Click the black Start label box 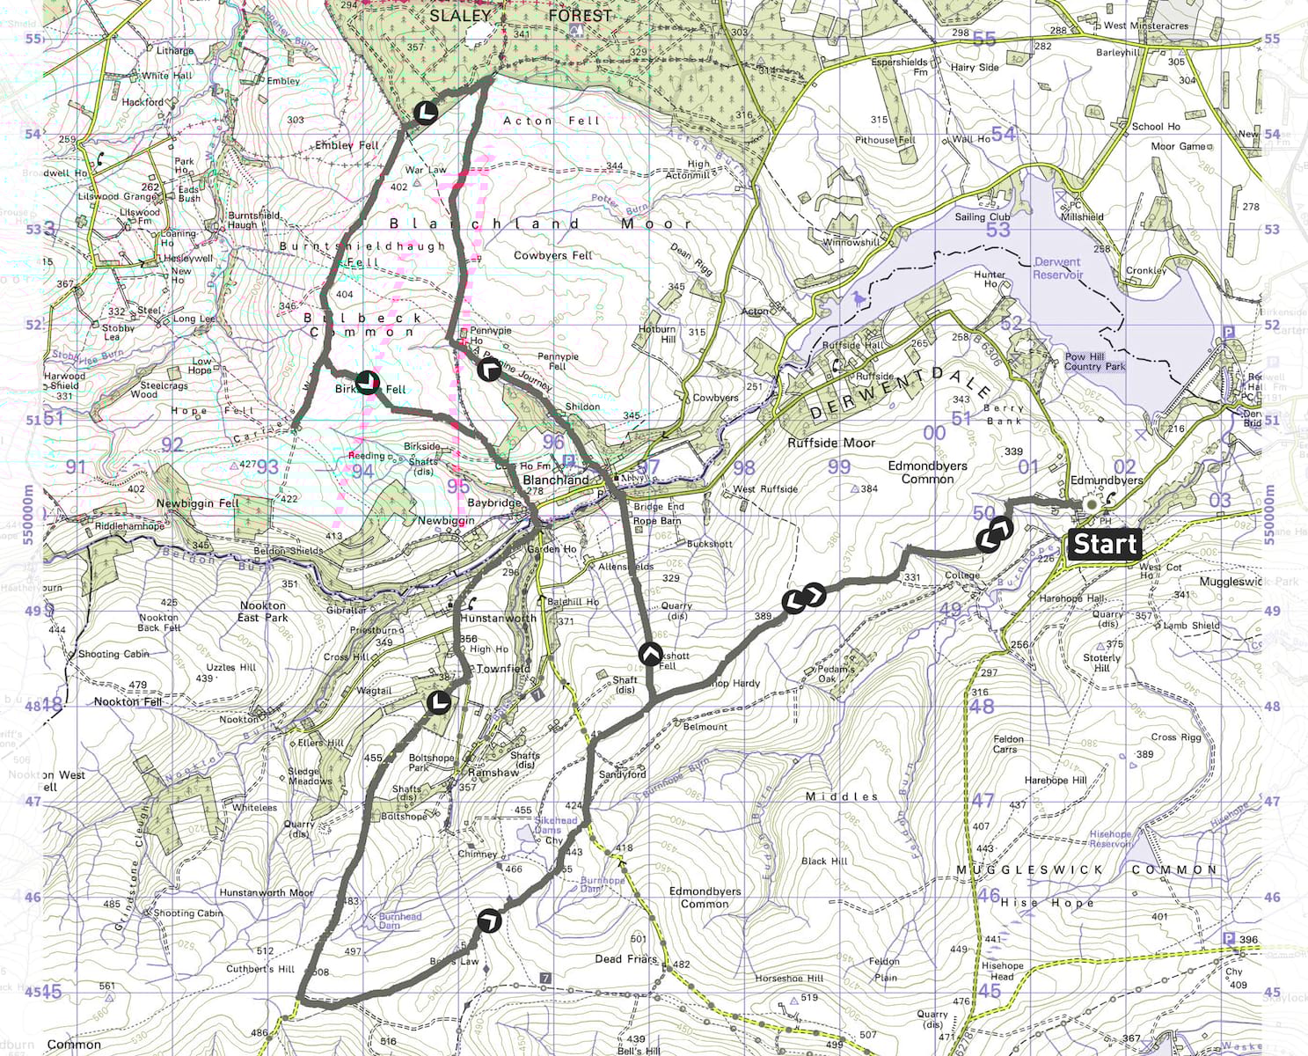tap(1105, 544)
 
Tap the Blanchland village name tap(556, 480)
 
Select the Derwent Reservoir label tap(1057, 268)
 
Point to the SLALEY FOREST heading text tap(520, 16)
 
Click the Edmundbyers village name tap(1107, 480)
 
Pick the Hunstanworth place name tap(498, 619)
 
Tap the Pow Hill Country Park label tap(1094, 362)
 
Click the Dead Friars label tap(625, 959)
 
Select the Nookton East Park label tap(262, 612)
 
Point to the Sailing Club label tap(983, 217)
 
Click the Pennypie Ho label tap(490, 335)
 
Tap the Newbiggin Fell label tap(198, 503)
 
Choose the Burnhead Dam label tap(400, 920)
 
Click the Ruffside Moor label tap(831, 444)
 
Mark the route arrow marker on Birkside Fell tap(368, 382)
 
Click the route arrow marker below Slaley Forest tap(425, 113)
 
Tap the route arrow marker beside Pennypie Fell tap(489, 369)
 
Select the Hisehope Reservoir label tap(1110, 839)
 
